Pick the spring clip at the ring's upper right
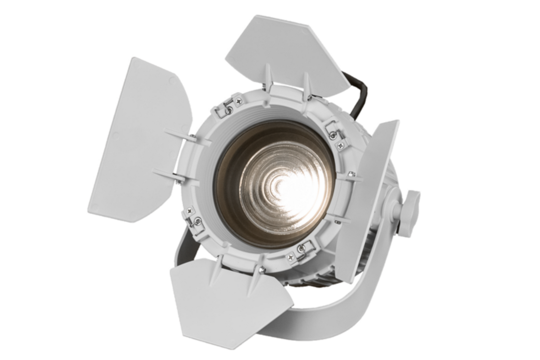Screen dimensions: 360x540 tap(332, 129)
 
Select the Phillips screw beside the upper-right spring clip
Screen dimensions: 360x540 tap(341, 145)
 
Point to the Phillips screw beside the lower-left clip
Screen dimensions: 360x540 tap(189, 210)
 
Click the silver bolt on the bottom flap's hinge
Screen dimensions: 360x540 tap(262, 270)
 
